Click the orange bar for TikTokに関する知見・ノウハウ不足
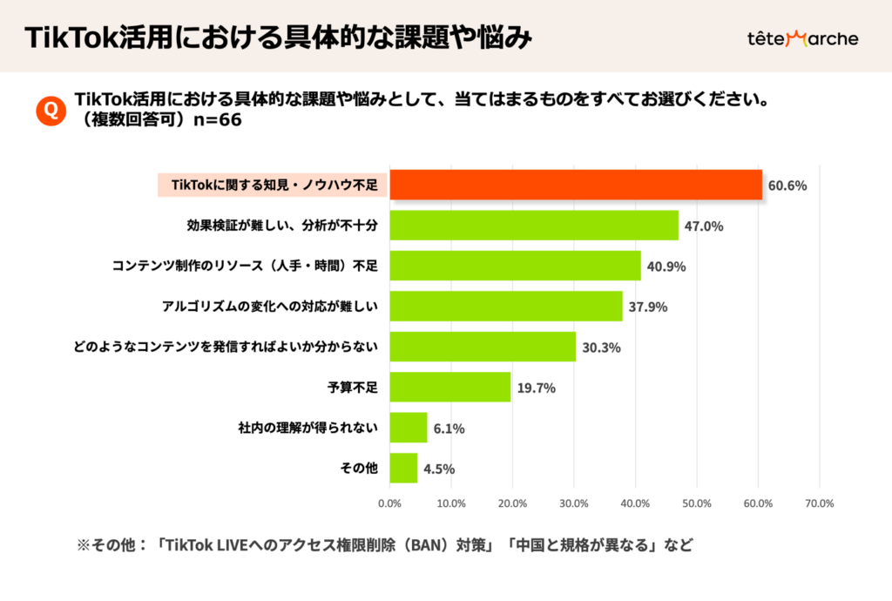pos(575,186)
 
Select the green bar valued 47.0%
pos(533,226)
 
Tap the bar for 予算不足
pos(449,387)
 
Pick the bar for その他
pos(403,468)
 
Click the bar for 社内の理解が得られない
pos(408,428)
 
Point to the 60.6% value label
pos(787,186)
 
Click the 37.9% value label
pos(647,307)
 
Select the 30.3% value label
pos(600,348)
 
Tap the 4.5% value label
pos(439,469)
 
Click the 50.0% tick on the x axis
pos(697,503)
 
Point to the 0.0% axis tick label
pos(389,503)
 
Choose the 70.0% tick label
pos(820,503)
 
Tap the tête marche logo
pos(802,38)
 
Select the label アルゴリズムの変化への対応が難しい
pos(269,307)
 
